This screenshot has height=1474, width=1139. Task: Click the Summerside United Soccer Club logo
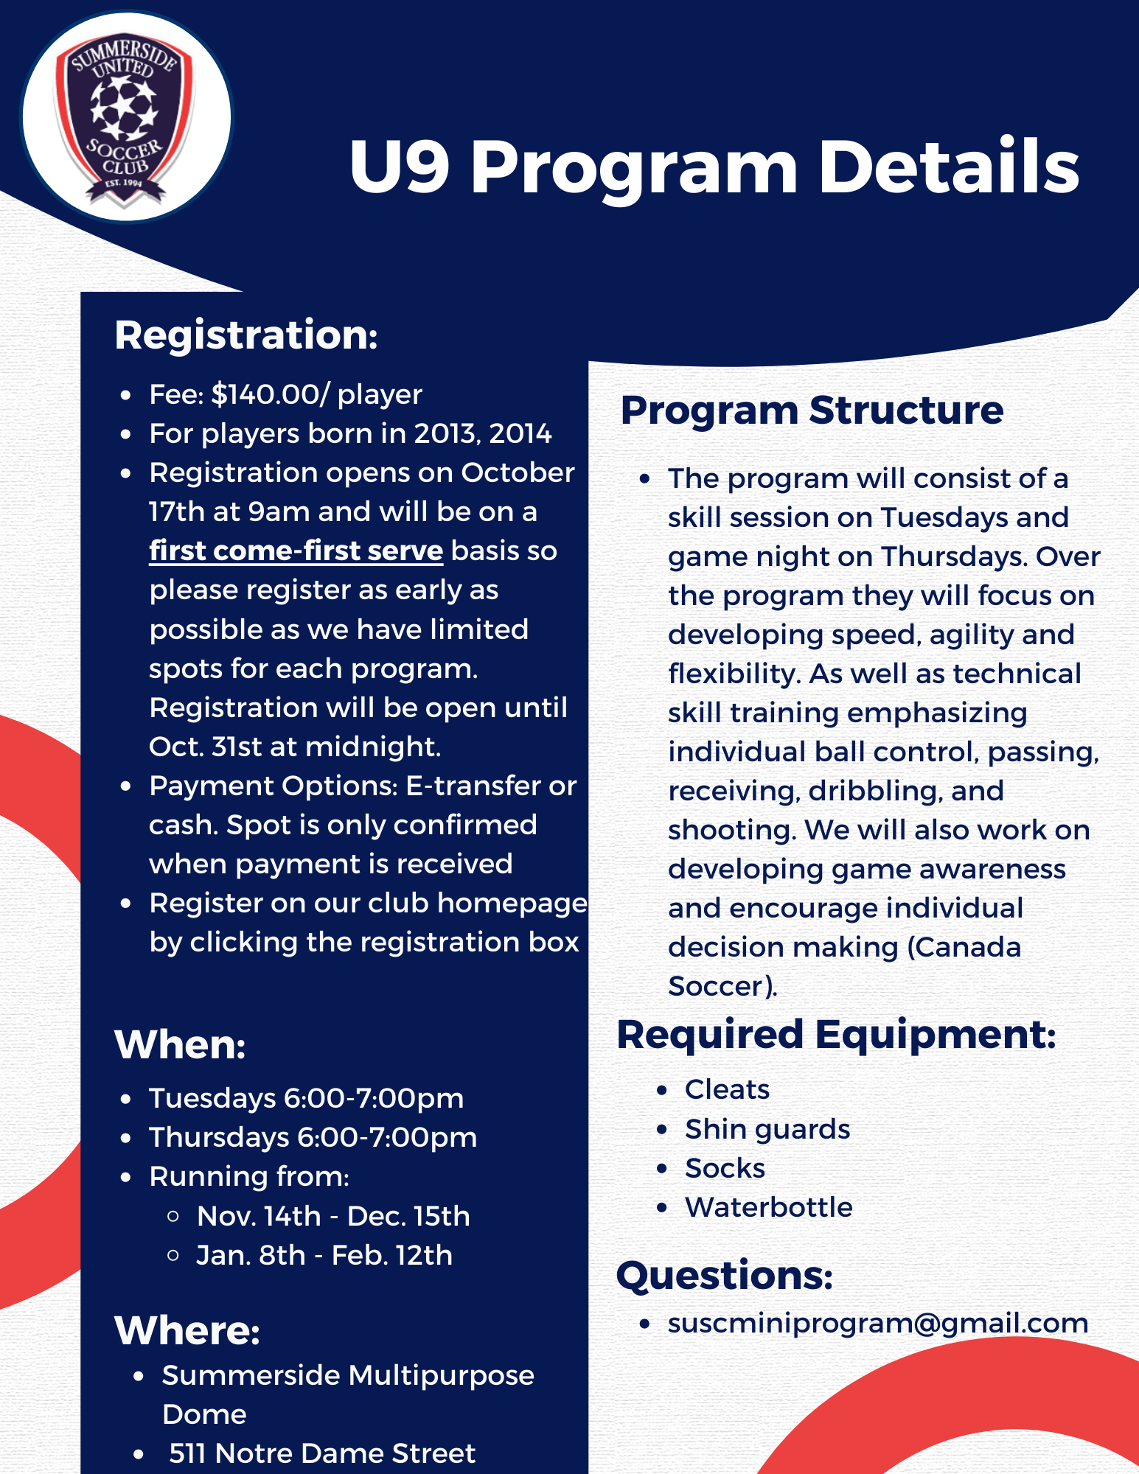click(x=126, y=116)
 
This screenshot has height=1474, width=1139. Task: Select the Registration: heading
click(x=246, y=335)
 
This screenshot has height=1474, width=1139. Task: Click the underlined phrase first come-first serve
click(x=296, y=551)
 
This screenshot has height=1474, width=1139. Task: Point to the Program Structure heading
click(x=812, y=411)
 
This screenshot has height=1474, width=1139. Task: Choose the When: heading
click(x=180, y=1044)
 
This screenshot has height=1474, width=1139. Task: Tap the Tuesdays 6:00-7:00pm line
click(x=306, y=1098)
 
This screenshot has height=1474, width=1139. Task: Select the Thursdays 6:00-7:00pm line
click(x=313, y=1137)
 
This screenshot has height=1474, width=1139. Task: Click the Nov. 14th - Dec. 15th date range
click(x=333, y=1216)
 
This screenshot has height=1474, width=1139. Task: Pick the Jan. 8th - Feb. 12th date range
click(x=324, y=1255)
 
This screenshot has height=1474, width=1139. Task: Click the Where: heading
click(x=187, y=1331)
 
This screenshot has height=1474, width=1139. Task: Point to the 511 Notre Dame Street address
click(x=322, y=1453)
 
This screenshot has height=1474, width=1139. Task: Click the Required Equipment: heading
click(x=837, y=1035)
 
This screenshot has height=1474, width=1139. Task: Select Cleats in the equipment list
click(x=727, y=1089)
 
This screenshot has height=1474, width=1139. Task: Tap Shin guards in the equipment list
click(x=767, y=1130)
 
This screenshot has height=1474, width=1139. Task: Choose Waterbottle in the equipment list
click(x=769, y=1207)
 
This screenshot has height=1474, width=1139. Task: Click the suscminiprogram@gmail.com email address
click(x=878, y=1324)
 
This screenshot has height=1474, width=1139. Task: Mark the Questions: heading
click(x=725, y=1276)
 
